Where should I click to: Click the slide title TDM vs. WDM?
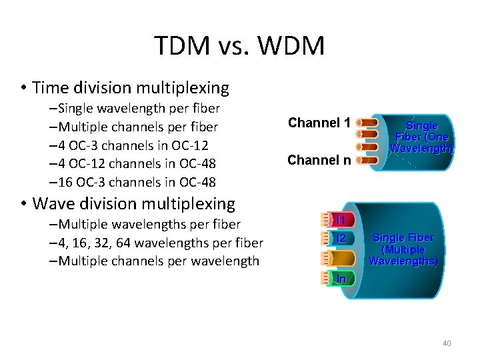pyautogui.click(x=239, y=46)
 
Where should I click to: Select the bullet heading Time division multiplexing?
pyautogui.click(x=130, y=87)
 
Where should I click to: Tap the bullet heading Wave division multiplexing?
pyautogui.click(x=133, y=203)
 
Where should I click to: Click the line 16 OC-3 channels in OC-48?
pyautogui.click(x=136, y=182)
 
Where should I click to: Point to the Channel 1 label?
pyautogui.click(x=319, y=123)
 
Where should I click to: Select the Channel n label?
pyautogui.click(x=319, y=160)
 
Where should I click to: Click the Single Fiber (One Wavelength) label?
pyautogui.click(x=421, y=137)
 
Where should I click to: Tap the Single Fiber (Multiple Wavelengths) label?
pyautogui.click(x=403, y=249)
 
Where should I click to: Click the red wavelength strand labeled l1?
pyautogui.click(x=341, y=219)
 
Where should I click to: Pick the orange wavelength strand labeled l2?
pyautogui.click(x=341, y=238)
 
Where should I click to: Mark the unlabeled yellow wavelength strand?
pyautogui.click(x=341, y=258)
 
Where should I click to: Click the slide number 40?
pyautogui.click(x=447, y=343)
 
